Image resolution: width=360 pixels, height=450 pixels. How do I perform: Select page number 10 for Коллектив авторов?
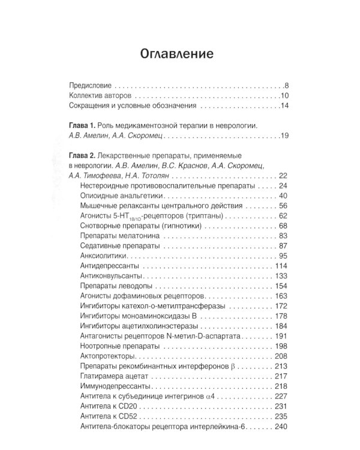click(285, 95)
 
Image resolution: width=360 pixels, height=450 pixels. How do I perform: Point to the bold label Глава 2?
click(83, 154)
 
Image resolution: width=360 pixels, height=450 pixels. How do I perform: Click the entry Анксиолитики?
click(101, 256)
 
